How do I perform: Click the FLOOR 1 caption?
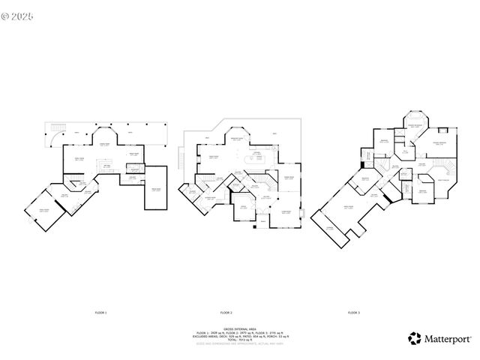[x=101, y=311]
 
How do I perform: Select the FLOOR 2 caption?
[x=226, y=311]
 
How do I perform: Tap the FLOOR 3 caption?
[x=354, y=311]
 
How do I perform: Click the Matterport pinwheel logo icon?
[x=414, y=338]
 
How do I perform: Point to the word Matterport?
[x=448, y=338]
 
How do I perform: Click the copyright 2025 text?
[x=18, y=13]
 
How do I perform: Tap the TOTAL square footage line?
[x=239, y=340]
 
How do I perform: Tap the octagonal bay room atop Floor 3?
[x=413, y=125]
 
